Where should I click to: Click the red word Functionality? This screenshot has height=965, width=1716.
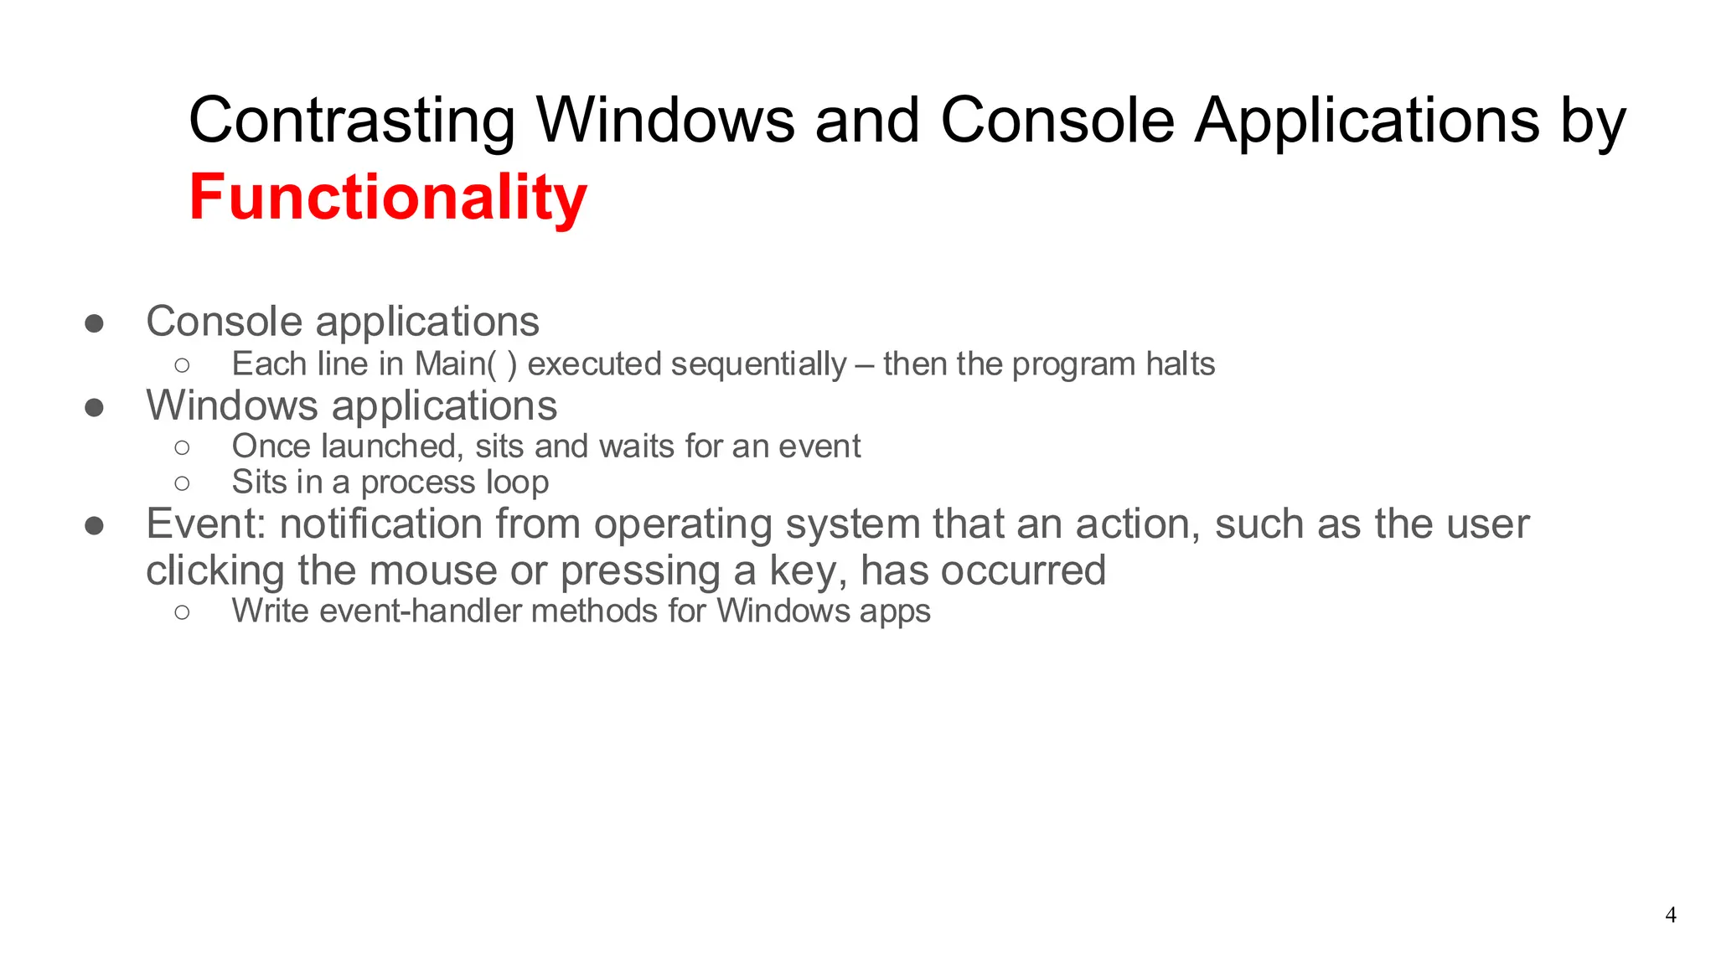pyautogui.click(x=388, y=198)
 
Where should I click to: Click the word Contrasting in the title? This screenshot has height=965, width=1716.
pyautogui.click(x=352, y=121)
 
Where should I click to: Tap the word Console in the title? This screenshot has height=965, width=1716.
pyautogui.click(x=1057, y=121)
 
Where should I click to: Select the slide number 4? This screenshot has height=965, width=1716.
pyautogui.click(x=1670, y=915)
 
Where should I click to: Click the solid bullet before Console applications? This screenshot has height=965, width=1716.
pyautogui.click(x=94, y=324)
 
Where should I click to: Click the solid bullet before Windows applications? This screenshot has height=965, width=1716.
pyautogui.click(x=94, y=408)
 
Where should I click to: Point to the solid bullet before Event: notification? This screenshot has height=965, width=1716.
pyautogui.click(x=94, y=526)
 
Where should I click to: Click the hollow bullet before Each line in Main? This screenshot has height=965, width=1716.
pyautogui.click(x=182, y=365)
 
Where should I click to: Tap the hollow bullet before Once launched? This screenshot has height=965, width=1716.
pyautogui.click(x=182, y=448)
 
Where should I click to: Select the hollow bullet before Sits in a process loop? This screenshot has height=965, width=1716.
pyautogui.click(x=182, y=483)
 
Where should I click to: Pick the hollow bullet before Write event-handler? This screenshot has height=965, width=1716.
pyautogui.click(x=182, y=612)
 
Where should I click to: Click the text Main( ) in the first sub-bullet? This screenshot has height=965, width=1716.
pyautogui.click(x=466, y=364)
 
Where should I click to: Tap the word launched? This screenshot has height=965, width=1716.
pyautogui.click(x=391, y=446)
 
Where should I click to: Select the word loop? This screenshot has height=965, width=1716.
pyautogui.click(x=518, y=483)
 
